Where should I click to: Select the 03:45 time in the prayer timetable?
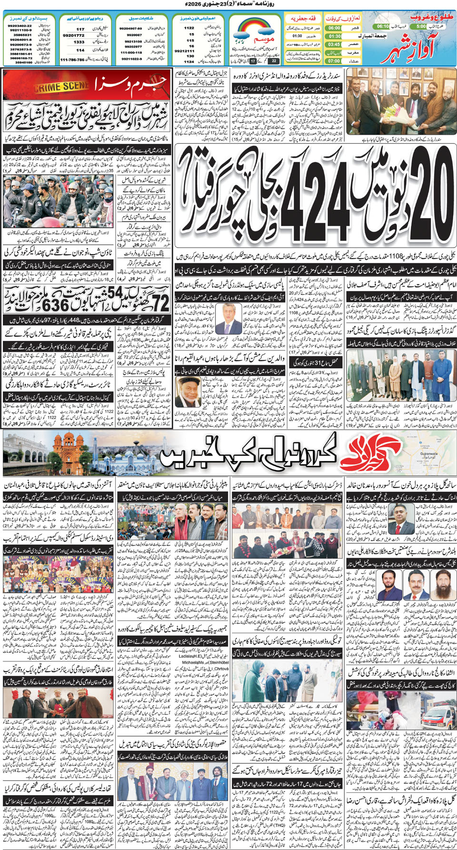point(334,44)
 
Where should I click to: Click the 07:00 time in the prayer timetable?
point(334,61)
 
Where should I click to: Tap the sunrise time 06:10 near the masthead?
point(383,27)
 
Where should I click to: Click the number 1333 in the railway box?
point(79,42)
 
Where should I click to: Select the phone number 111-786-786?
point(72,60)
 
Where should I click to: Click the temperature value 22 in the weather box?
point(274,61)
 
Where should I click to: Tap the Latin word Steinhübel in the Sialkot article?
point(219,662)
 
